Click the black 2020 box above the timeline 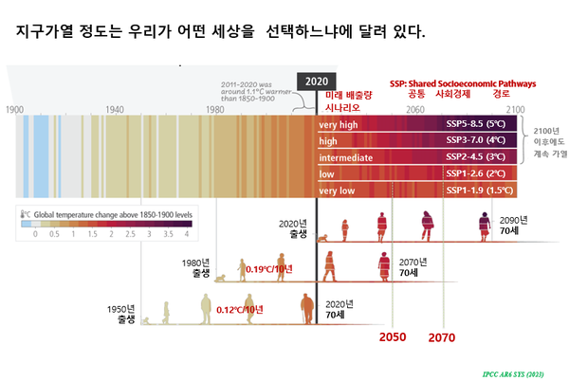(x=316, y=82)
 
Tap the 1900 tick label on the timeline (x=14, y=110)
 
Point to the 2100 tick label (x=515, y=110)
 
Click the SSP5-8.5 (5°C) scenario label (x=480, y=124)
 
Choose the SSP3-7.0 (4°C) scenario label (x=480, y=141)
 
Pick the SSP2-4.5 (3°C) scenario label (x=480, y=157)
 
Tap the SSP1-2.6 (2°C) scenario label (x=480, y=174)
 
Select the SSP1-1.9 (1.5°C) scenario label (x=480, y=191)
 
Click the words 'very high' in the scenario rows (x=339, y=124)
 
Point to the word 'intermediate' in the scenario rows (x=346, y=157)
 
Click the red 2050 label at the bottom (x=393, y=337)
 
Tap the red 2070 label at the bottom (x=443, y=337)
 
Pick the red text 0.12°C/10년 (x=239, y=310)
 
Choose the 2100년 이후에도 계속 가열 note (x=546, y=141)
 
